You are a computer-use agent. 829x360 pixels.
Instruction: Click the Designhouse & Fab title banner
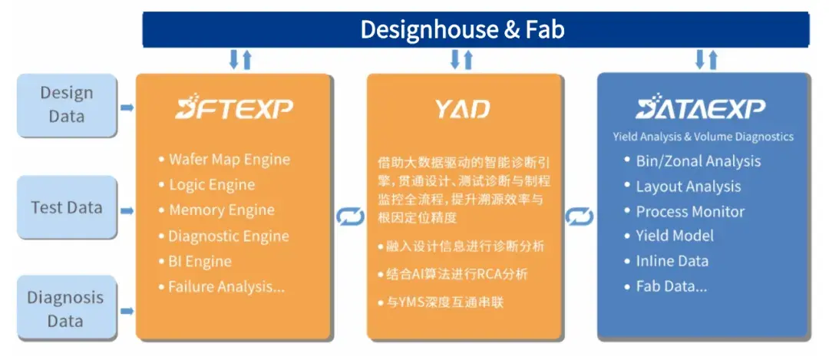tap(476, 30)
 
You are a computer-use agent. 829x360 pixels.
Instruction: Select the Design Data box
tap(66, 104)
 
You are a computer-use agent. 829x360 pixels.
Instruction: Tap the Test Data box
tap(66, 206)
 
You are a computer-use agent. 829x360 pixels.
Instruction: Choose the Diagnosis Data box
tap(66, 309)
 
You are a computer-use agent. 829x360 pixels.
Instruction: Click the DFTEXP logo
tap(233, 109)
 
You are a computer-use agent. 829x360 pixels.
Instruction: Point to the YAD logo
tap(462, 109)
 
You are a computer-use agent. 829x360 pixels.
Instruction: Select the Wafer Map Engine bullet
tap(229, 160)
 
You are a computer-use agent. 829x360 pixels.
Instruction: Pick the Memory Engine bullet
tap(221, 210)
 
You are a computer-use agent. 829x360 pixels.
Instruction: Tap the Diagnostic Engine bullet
tap(228, 236)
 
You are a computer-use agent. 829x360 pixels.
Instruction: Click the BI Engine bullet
tap(200, 261)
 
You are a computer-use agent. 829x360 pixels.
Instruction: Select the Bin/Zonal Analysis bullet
tap(698, 161)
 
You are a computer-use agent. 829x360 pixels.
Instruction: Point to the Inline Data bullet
tap(672, 261)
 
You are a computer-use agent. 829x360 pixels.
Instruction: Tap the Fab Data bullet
tap(671, 286)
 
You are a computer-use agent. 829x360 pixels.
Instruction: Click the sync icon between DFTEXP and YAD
tap(351, 217)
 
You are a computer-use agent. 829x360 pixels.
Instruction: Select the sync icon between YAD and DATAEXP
tap(580, 217)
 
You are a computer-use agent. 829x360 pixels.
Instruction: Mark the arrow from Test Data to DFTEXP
tap(127, 208)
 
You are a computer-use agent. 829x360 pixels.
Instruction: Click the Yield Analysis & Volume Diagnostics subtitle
tap(703, 137)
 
